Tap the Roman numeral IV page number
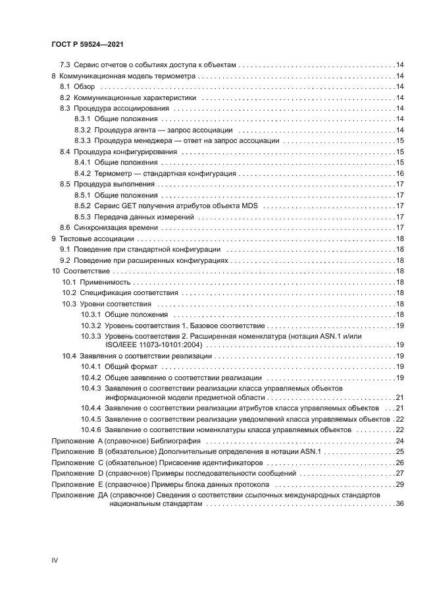55,561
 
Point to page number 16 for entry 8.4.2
399,173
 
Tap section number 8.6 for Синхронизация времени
65,227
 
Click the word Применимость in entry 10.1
106,282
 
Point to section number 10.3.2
91,325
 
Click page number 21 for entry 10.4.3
399,397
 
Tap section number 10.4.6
91,430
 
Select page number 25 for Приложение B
399,451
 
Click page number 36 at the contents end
399,503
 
